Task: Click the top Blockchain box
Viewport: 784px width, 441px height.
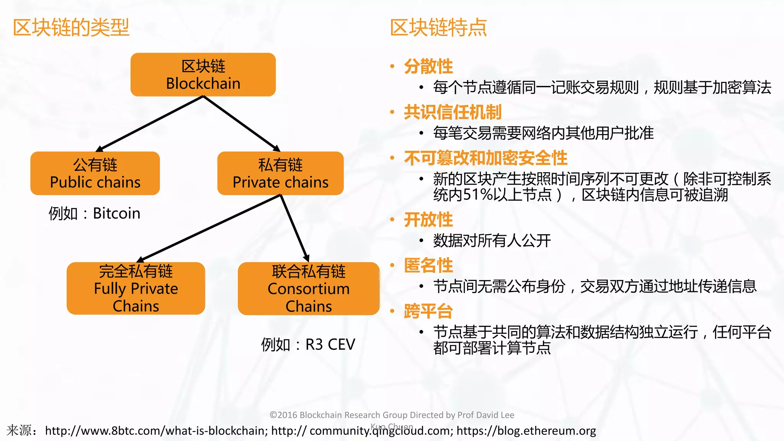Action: pyautogui.click(x=203, y=75)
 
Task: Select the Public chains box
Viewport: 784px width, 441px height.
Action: pyautogui.click(x=95, y=173)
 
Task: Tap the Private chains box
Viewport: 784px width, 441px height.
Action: pyautogui.click(x=280, y=173)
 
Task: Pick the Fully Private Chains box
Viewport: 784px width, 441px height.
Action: pyautogui.click(x=136, y=288)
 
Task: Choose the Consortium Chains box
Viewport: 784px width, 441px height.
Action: pyautogui.click(x=309, y=289)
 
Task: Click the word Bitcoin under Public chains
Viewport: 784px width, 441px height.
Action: pyautogui.click(x=116, y=213)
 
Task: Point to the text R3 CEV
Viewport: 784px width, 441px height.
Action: pyautogui.click(x=330, y=345)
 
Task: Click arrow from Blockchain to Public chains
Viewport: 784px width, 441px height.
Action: pyautogui.click(x=151, y=123)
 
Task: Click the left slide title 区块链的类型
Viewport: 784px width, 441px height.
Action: pyautogui.click(x=71, y=28)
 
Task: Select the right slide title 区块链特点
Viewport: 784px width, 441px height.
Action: pyautogui.click(x=438, y=28)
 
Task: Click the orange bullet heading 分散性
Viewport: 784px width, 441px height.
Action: pyautogui.click(x=428, y=66)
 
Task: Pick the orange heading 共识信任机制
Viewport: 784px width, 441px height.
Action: pyautogui.click(x=452, y=112)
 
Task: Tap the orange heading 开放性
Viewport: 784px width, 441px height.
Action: pyautogui.click(x=428, y=220)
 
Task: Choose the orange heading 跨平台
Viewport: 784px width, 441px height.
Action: pyautogui.click(x=428, y=311)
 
